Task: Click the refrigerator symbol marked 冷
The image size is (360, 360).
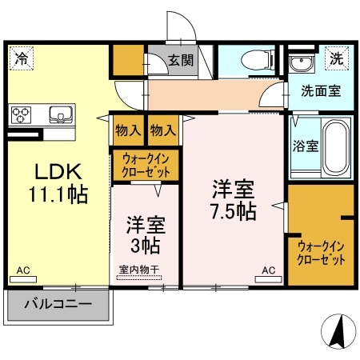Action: (21, 58)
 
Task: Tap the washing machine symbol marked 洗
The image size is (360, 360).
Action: (337, 58)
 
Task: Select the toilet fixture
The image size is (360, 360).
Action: (258, 61)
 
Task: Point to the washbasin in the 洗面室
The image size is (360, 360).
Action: (302, 63)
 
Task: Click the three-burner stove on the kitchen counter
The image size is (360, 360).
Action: (21, 115)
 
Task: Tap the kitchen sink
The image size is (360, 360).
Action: (61, 115)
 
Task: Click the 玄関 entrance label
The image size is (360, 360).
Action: (181, 61)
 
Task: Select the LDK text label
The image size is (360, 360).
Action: (58, 172)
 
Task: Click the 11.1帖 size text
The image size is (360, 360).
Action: (58, 194)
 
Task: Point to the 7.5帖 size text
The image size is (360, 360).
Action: (234, 211)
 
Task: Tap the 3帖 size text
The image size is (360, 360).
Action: (146, 246)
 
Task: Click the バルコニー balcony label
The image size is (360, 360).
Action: (58, 304)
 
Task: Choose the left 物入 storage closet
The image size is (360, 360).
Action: (128, 130)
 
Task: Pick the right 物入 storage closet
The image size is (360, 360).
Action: (163, 130)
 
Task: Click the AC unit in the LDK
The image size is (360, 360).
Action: (23, 279)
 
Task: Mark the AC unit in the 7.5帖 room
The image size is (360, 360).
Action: (268, 279)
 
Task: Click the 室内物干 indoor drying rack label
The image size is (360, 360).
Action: (139, 270)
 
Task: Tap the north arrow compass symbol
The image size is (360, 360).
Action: (338, 331)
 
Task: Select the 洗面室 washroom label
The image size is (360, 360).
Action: (321, 91)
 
